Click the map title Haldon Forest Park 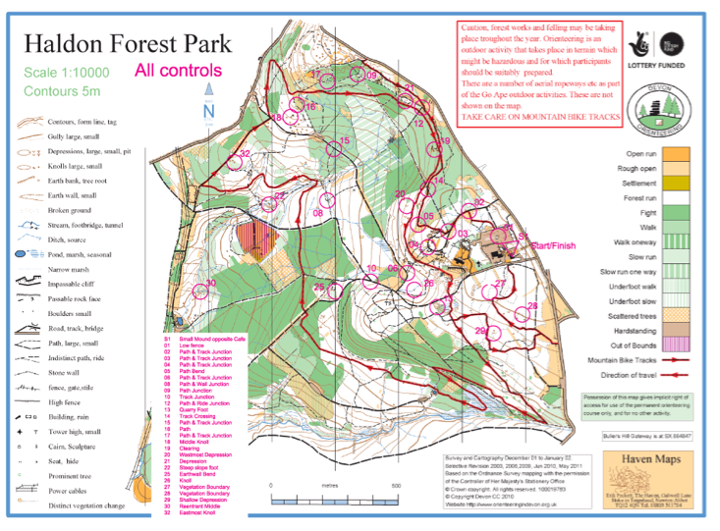(128, 43)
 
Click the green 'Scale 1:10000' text (68, 74)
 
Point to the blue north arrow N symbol (208, 109)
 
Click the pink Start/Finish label (554, 244)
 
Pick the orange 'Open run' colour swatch (676, 154)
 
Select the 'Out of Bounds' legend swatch (676, 345)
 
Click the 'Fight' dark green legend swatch (676, 212)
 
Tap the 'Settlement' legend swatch (676, 183)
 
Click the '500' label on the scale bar (396, 486)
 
